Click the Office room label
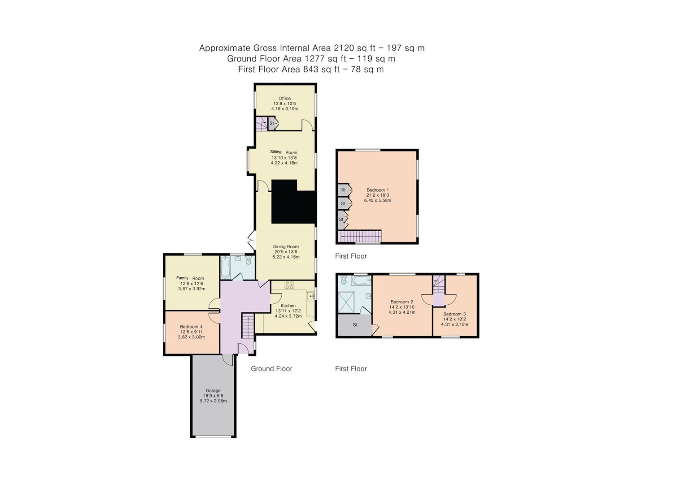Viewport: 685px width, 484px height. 284,99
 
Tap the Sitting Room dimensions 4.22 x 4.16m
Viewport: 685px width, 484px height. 284,163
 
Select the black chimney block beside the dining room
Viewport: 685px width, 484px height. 292,204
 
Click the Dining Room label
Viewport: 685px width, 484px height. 286,246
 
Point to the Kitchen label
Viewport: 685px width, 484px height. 288,306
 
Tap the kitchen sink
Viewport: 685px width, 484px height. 311,296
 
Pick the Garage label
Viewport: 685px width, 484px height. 213,390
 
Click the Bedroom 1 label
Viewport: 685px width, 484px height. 377,190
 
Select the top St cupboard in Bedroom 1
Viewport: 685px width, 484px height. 343,190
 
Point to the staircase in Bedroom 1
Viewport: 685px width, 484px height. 361,236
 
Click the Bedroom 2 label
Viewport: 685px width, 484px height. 401,302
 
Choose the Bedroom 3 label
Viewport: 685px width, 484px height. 454,314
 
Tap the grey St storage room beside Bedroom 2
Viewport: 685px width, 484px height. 355,325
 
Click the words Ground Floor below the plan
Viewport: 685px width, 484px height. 271,369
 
